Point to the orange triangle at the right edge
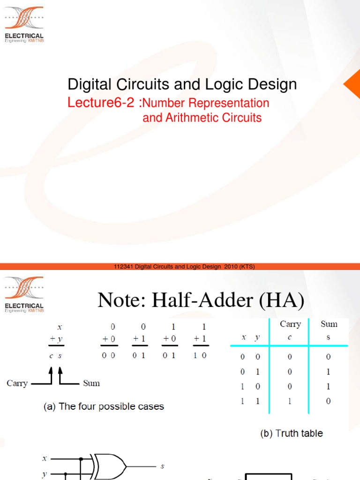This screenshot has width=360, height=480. click(x=352, y=84)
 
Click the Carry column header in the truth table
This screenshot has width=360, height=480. click(x=290, y=324)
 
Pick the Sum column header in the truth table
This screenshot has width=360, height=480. click(x=329, y=324)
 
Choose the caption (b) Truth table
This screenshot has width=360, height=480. click(x=292, y=434)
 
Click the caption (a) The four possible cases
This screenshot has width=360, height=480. click(x=104, y=406)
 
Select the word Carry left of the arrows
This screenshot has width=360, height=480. click(x=17, y=383)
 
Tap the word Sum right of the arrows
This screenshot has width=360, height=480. click(x=91, y=383)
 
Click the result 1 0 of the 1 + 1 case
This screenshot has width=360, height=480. click(x=200, y=356)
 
